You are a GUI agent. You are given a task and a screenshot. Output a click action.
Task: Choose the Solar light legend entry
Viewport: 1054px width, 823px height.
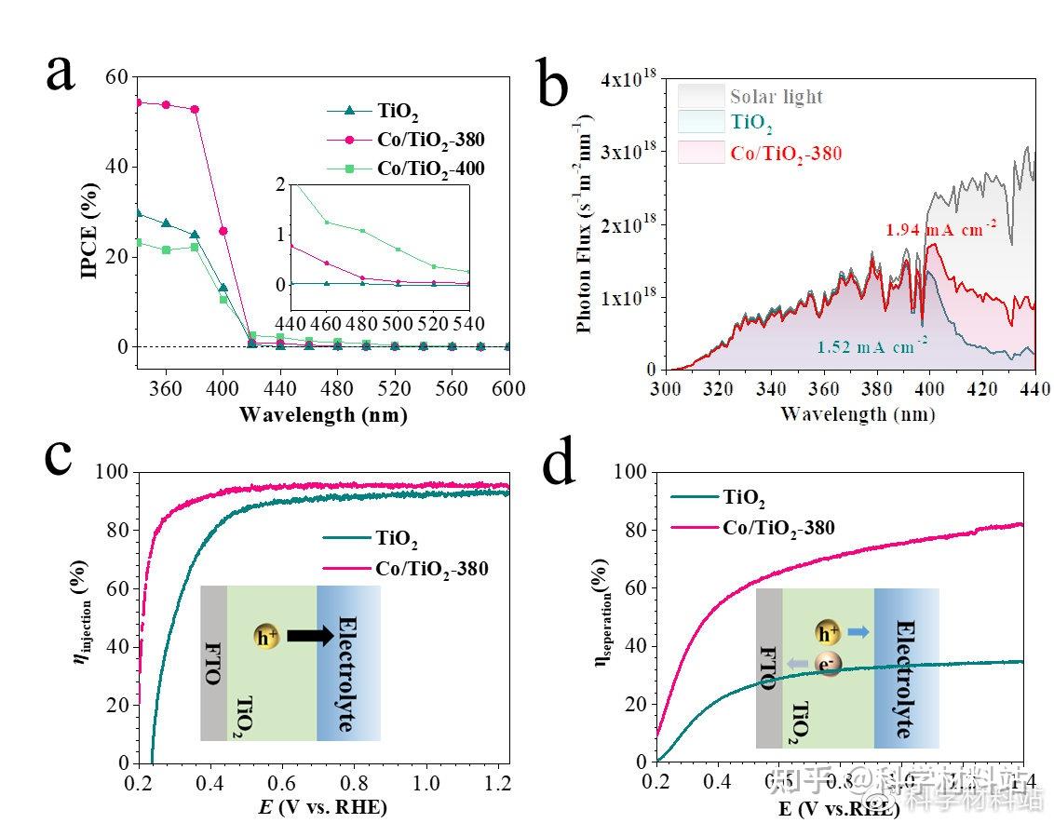click(x=776, y=97)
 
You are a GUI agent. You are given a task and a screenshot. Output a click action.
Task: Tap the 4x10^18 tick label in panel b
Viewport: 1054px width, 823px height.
click(x=628, y=80)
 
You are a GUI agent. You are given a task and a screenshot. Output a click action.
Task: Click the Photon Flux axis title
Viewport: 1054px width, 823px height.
click(x=585, y=223)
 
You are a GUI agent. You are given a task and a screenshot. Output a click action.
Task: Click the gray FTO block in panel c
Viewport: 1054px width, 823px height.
click(x=213, y=663)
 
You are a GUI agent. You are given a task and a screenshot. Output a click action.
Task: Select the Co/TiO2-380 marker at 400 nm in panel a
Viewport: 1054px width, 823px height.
click(x=223, y=231)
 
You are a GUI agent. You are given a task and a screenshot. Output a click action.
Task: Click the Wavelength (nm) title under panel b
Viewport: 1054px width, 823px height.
click(x=845, y=413)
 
